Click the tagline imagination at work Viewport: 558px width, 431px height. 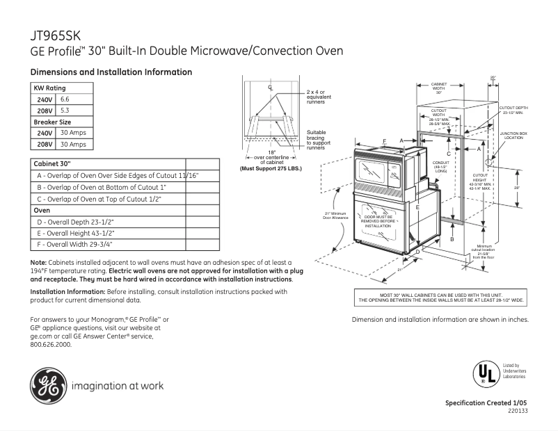[x=118, y=386]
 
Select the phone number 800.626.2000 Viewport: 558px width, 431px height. [x=51, y=344]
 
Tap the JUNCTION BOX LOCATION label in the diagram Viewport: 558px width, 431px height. [x=513, y=135]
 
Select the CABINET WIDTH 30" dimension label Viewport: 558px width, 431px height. [x=439, y=88]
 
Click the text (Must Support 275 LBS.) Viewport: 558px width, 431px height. [x=272, y=168]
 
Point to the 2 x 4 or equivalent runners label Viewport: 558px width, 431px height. [x=319, y=97]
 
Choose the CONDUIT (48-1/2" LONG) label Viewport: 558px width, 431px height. [x=440, y=166]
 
